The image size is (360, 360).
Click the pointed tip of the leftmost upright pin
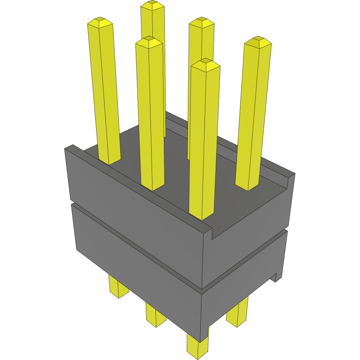[x=100, y=19]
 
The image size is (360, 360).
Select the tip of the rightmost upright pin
[x=258, y=39]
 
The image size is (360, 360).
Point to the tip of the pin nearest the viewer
[x=206, y=61]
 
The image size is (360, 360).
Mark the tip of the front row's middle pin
[x=149, y=39]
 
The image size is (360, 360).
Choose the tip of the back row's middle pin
[x=201, y=20]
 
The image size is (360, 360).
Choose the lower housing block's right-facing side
[x=243, y=286]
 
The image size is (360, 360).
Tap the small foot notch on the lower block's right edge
[x=276, y=277]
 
